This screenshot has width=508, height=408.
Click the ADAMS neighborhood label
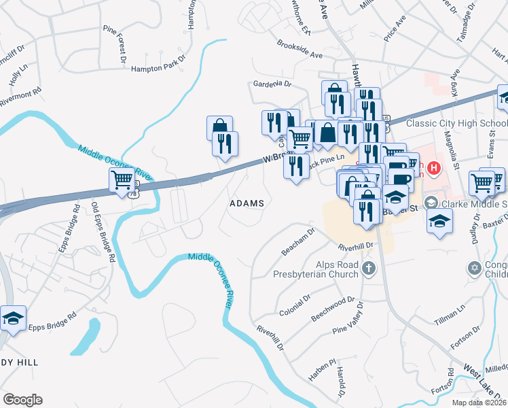point(246,203)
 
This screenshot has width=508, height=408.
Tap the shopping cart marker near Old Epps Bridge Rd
point(122,180)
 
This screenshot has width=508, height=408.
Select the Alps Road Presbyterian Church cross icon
point(369,268)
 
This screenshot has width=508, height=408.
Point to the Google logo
point(22,400)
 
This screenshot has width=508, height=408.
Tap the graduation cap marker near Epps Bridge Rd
point(12,318)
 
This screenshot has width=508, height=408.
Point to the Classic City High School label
point(456,124)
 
